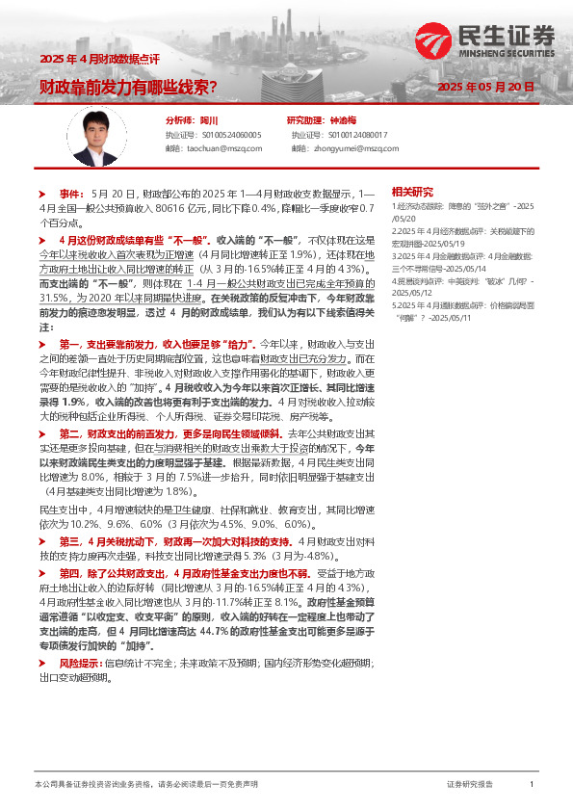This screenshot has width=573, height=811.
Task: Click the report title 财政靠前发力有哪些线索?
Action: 127,87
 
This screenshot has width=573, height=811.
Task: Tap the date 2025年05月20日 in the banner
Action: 485,87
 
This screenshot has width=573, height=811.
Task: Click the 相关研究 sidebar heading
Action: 412,191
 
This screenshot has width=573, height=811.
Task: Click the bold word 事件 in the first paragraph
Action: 71,194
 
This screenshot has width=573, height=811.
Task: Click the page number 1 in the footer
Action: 531,785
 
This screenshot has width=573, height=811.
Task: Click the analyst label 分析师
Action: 180,120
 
